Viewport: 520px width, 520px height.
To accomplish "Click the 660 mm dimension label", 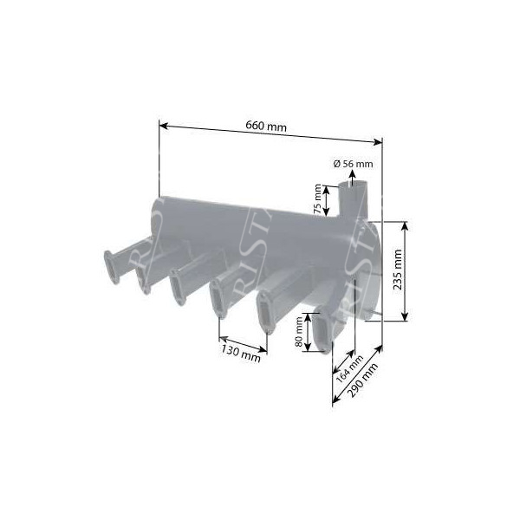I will pos(266,127).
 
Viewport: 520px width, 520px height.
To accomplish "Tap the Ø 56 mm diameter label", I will pos(353,164).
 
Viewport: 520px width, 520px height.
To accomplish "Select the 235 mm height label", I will pos(422,271).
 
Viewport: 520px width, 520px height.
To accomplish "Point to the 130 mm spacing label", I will pos(240,352).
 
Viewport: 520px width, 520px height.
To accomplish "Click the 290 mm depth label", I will pos(368,379).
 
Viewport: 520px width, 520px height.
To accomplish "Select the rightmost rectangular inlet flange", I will pos(321,335).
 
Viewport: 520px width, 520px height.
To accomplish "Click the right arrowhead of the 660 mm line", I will pos(378,142).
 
